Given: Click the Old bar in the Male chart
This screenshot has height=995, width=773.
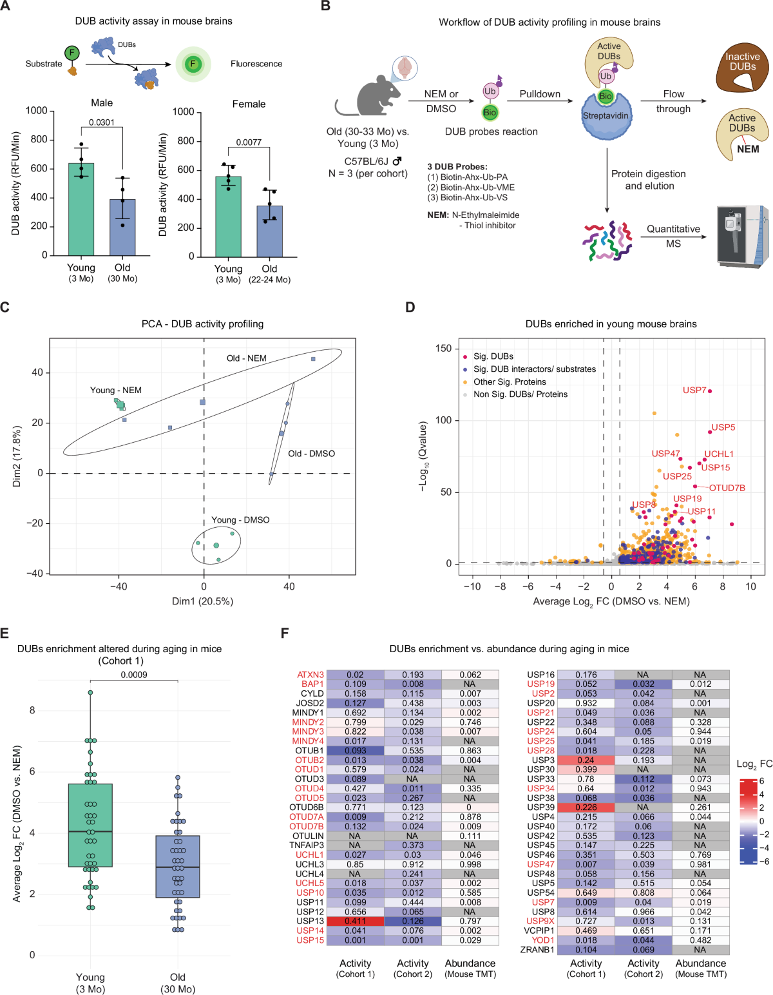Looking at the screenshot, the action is click(x=122, y=227).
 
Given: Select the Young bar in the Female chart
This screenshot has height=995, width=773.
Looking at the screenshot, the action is click(x=229, y=217).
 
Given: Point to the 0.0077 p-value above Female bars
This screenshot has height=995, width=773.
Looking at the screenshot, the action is click(x=249, y=142).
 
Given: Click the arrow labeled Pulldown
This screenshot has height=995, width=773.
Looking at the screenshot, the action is click(x=540, y=101).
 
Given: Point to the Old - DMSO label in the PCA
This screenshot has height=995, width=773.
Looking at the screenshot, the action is click(x=311, y=453).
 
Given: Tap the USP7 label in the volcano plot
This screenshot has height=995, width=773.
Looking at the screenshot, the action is click(x=694, y=390).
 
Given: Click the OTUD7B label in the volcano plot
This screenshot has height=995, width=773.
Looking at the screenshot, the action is click(x=727, y=488).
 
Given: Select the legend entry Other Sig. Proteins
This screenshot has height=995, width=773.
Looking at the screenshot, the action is click(x=510, y=382).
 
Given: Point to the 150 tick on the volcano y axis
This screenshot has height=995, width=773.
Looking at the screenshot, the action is click(x=443, y=349).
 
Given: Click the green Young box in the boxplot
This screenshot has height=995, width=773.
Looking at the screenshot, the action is click(x=90, y=825).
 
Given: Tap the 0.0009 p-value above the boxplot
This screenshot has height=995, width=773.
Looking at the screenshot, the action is click(x=133, y=675).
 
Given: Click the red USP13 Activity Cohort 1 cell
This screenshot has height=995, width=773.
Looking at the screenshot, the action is click(x=355, y=921).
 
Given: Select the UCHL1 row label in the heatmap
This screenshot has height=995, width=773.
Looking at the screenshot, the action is click(x=309, y=855).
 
